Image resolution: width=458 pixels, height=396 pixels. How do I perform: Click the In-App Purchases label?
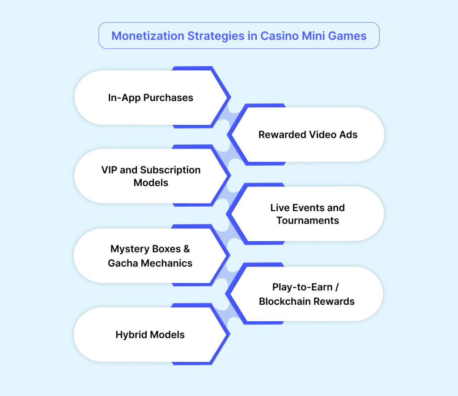tap(150, 98)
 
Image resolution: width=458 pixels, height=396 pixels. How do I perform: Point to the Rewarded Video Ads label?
tap(308, 135)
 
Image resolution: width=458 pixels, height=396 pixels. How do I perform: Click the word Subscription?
tap(170, 170)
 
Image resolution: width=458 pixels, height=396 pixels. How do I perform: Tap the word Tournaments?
tap(308, 221)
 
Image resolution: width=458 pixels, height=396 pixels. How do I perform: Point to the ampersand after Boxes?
tap(187, 249)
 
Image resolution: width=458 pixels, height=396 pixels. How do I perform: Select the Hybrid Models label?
tap(150, 335)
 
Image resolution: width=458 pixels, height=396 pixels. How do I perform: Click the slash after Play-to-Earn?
tap(339, 287)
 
